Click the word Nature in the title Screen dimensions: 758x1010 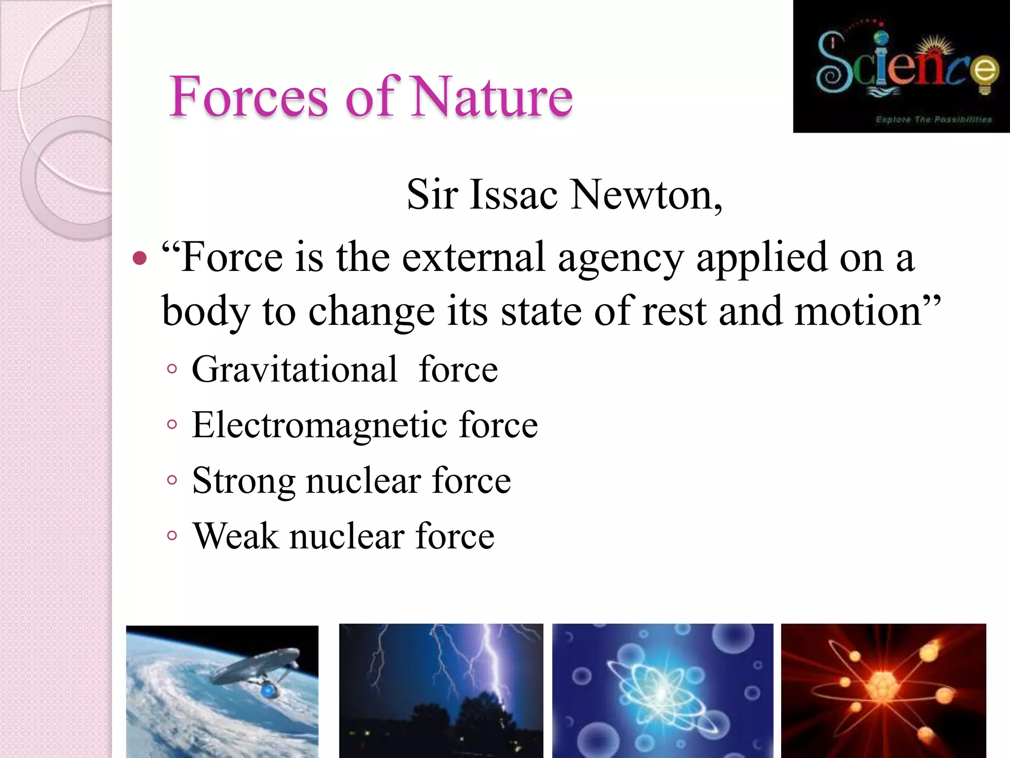[x=492, y=97]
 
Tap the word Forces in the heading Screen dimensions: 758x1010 [x=249, y=97]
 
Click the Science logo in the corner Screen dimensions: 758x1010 [x=901, y=66]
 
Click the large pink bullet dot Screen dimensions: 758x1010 [x=140, y=258]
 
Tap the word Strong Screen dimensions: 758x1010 [x=243, y=481]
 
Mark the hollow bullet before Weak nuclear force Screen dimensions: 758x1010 [x=172, y=535]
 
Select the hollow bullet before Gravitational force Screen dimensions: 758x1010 [x=172, y=369]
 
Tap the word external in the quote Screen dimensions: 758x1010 [x=473, y=258]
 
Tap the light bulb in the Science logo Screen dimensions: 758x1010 [x=985, y=74]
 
